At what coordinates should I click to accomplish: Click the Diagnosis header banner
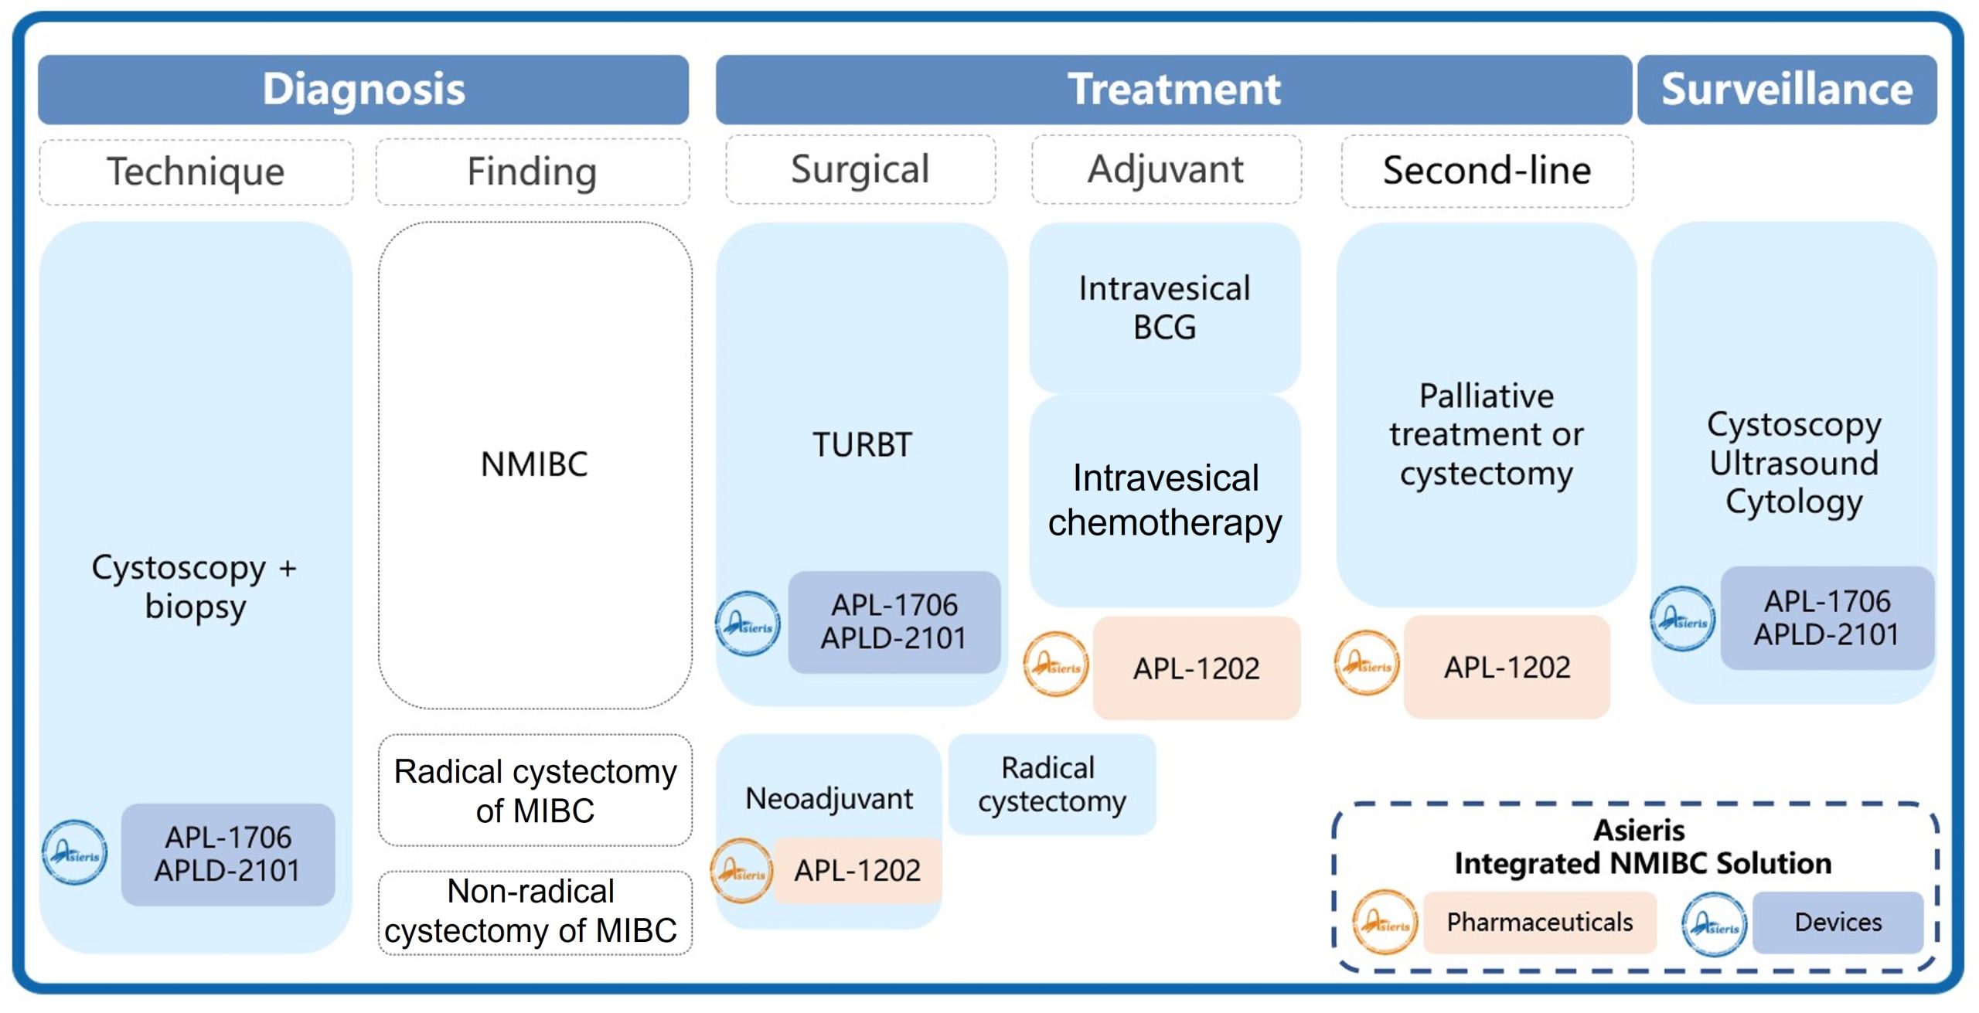coord(363,89)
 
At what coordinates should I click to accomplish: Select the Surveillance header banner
coord(1786,89)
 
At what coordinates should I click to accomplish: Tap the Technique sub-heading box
coord(196,172)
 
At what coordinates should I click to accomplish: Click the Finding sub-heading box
coord(532,172)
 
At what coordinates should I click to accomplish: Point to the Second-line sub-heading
coord(1486,171)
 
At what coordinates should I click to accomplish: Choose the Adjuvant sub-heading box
coord(1166,169)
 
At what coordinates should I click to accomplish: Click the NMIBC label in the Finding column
coord(534,464)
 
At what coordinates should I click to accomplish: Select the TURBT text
coord(862,445)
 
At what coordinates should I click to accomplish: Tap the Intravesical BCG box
coord(1164,308)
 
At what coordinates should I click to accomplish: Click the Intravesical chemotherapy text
coord(1164,500)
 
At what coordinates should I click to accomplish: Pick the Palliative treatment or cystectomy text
coord(1486,434)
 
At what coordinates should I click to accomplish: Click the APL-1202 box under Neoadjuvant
coord(857,871)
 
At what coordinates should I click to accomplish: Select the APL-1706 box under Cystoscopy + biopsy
coord(227,854)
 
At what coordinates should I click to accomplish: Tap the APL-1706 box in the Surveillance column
coord(1826,617)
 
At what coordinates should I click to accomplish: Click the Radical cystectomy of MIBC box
coord(535,790)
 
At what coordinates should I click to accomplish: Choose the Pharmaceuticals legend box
coord(1539,922)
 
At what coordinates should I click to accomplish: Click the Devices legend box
coord(1837,922)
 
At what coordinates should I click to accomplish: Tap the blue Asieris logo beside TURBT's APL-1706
coord(747,624)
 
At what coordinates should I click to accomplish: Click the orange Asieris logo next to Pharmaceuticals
coord(1385,922)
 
